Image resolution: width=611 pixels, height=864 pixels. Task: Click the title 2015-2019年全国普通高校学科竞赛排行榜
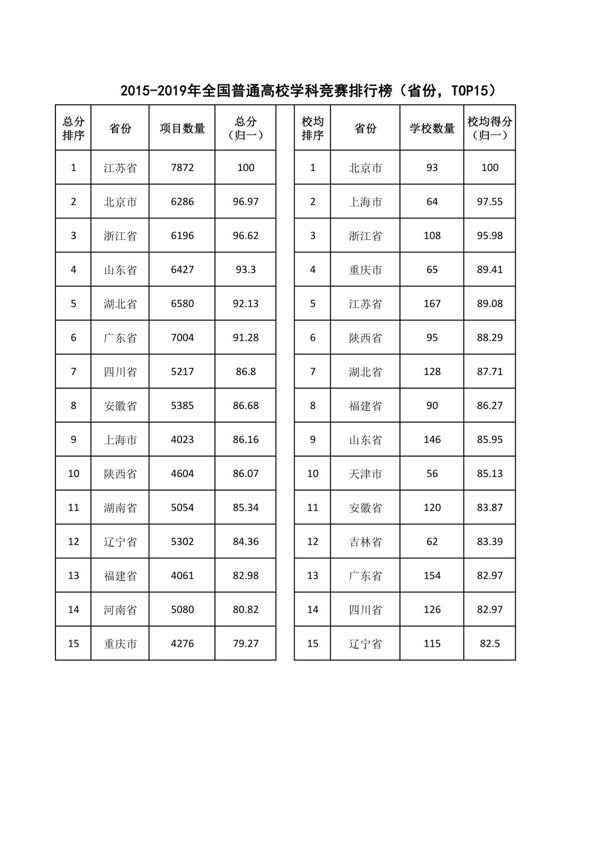(308, 91)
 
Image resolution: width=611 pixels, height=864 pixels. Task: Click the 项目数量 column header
(182, 128)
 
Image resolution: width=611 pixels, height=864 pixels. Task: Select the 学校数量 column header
(432, 128)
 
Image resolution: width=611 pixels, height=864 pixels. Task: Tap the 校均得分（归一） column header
(489, 128)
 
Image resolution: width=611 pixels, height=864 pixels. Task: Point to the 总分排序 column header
(74, 128)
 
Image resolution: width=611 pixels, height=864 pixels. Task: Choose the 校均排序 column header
(312, 128)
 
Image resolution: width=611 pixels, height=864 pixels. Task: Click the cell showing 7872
(182, 167)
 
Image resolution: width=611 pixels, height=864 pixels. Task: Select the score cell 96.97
(246, 201)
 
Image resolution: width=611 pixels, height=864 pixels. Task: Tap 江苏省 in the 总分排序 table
(120, 168)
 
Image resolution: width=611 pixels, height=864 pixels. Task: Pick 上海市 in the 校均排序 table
(365, 202)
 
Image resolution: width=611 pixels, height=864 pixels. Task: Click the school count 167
(432, 303)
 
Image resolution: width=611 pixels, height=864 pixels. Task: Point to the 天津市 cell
(365, 474)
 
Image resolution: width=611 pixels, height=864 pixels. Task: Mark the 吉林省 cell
(365, 541)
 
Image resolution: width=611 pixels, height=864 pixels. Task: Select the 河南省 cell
(120, 609)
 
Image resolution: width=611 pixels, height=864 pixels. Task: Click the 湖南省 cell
(120, 508)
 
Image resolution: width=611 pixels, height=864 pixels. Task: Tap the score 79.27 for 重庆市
(246, 643)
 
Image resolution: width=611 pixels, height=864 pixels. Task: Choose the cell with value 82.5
(489, 643)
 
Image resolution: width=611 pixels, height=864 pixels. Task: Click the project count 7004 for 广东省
(182, 337)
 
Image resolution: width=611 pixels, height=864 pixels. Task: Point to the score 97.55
(489, 201)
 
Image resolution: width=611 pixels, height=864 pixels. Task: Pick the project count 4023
(182, 439)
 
